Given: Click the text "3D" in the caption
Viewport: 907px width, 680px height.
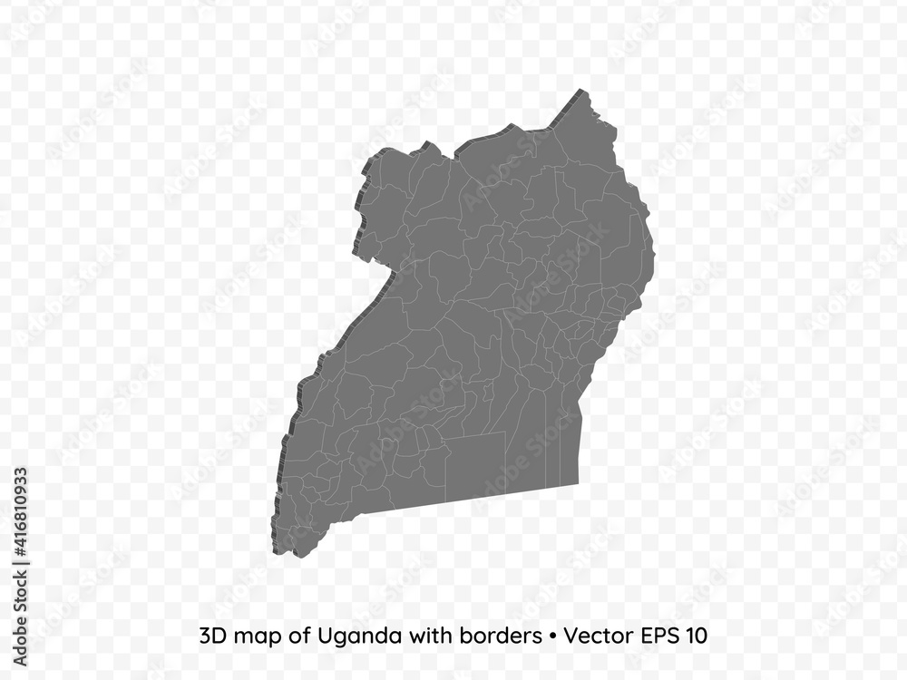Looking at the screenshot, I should coord(210,636).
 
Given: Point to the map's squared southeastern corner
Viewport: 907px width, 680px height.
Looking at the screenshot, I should coord(578,483).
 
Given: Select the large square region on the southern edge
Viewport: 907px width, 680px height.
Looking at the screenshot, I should coord(474,464).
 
